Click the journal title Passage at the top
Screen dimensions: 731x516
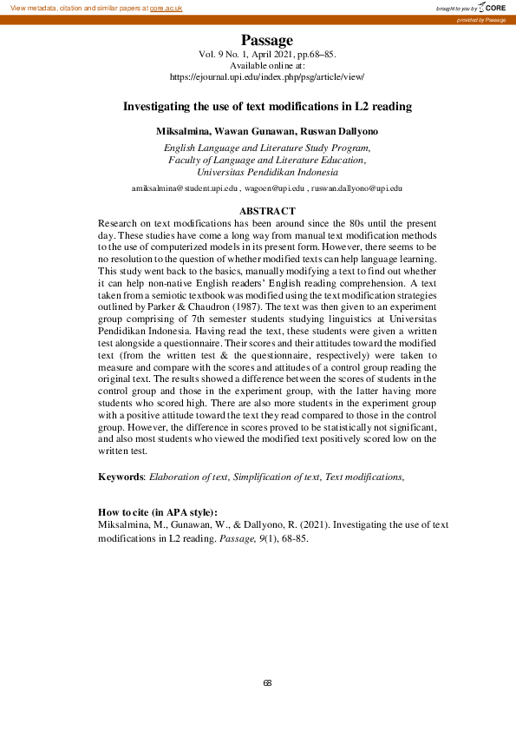pyautogui.click(x=267, y=40)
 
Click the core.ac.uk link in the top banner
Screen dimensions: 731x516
pyautogui.click(x=166, y=8)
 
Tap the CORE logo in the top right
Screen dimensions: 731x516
pyautogui.click(x=492, y=7)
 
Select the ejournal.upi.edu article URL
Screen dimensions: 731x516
pyautogui.click(x=267, y=77)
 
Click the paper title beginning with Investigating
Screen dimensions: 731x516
pyautogui.click(x=267, y=107)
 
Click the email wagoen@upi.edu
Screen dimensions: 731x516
pyautogui.click(x=274, y=188)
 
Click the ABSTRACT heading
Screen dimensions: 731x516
pyautogui.click(x=267, y=211)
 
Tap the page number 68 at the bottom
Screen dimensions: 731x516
pyautogui.click(x=267, y=683)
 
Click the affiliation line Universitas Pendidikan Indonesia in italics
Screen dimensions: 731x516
pyautogui.click(x=267, y=172)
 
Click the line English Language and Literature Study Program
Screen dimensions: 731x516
pyautogui.click(x=267, y=148)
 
